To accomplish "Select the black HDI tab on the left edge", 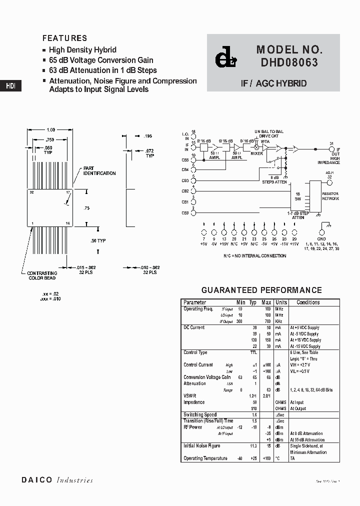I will [x=10, y=85].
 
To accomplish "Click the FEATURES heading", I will [x=64, y=38].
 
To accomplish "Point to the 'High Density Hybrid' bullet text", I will [x=82, y=50].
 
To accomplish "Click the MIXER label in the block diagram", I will [x=256, y=153].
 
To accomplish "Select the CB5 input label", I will [x=185, y=160].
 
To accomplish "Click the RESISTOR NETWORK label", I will [x=330, y=196].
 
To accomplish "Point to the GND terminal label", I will [x=321, y=239].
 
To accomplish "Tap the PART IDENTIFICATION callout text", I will [x=99, y=171].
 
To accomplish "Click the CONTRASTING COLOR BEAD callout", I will [x=41, y=275].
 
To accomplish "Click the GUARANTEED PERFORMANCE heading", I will [x=261, y=290].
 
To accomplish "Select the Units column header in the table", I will [x=281, y=302].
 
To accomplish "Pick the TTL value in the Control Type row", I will [x=253, y=352].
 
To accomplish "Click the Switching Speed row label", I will [x=200, y=414].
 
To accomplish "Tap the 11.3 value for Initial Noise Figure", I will [x=253, y=446].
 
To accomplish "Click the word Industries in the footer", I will [x=74, y=480].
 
